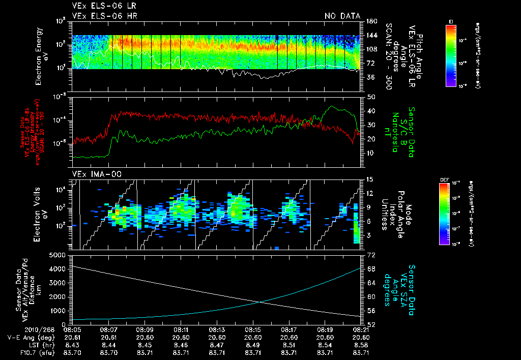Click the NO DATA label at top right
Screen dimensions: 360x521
[342, 16]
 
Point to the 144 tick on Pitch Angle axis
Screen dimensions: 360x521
[371, 36]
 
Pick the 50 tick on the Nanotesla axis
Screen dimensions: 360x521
[371, 97]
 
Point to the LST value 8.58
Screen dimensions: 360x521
[361, 344]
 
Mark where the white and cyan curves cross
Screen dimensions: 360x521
[260, 302]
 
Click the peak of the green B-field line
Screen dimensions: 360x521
[332, 106]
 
